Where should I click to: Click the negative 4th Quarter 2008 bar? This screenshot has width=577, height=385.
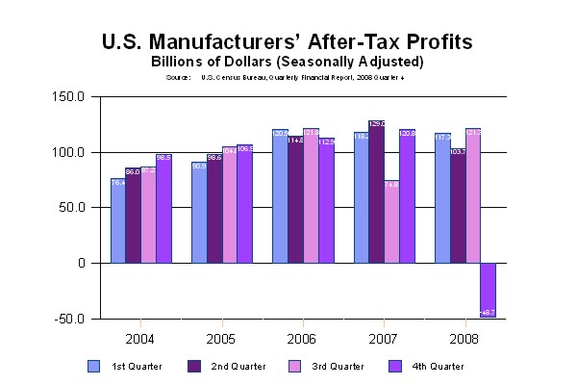pyautogui.click(x=489, y=290)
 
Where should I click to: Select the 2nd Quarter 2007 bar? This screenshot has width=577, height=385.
pyautogui.click(x=376, y=192)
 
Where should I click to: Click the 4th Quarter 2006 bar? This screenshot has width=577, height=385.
pyautogui.click(x=326, y=200)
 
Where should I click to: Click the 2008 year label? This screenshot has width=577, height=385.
pyautogui.click(x=465, y=339)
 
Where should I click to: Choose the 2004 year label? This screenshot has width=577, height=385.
pyautogui.click(x=140, y=339)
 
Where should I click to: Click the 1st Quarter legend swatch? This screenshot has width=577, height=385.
pyautogui.click(x=93, y=366)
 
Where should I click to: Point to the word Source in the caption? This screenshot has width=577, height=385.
pyautogui.click(x=178, y=76)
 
